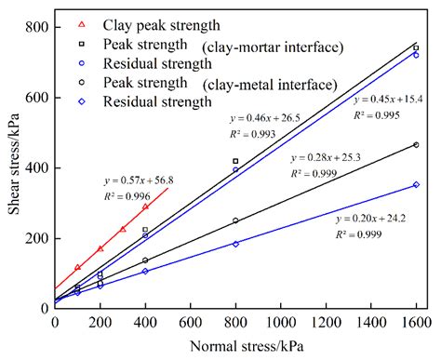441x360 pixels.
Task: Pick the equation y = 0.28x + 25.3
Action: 322,157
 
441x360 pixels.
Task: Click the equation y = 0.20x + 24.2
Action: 369,220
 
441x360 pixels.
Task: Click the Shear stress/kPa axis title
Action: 12,166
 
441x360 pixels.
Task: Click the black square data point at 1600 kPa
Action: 416,47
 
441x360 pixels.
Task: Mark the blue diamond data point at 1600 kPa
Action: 416,184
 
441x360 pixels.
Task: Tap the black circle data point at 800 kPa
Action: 235,220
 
